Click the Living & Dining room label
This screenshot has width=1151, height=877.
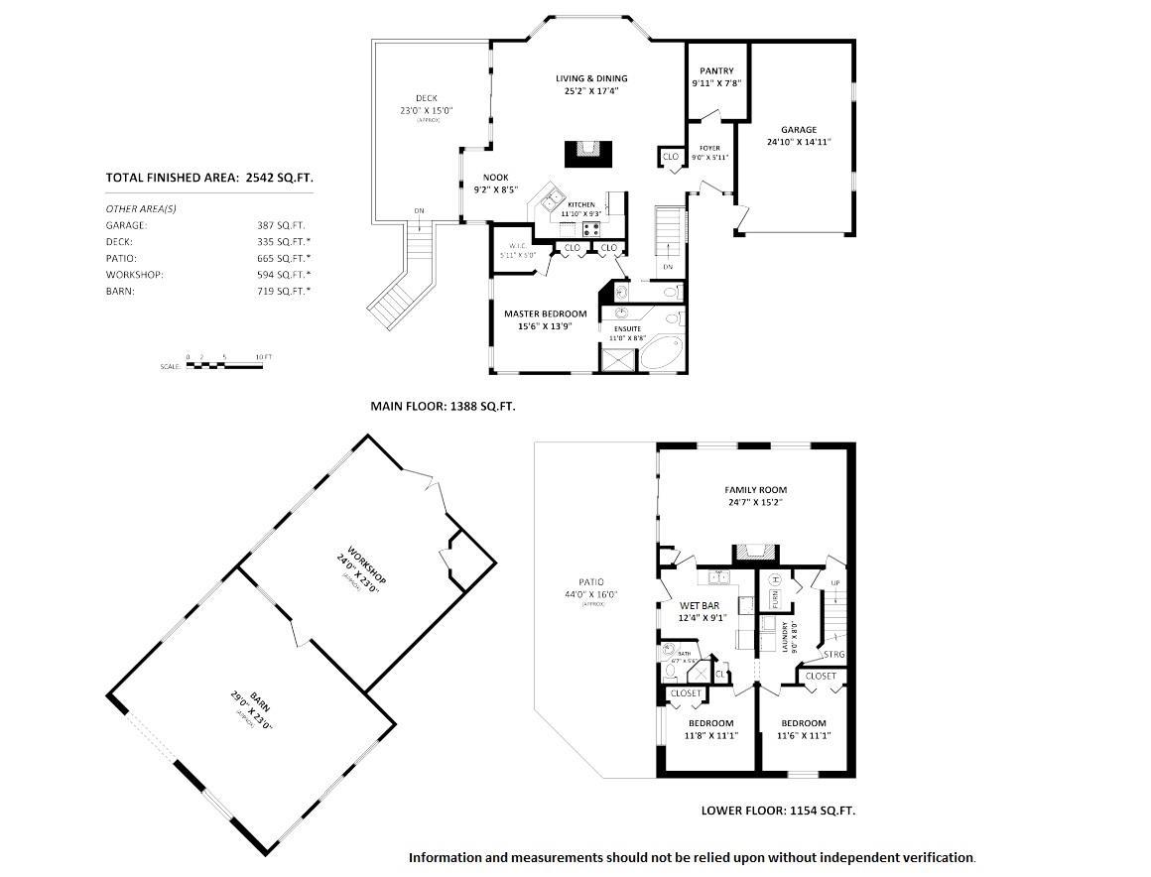tap(590, 78)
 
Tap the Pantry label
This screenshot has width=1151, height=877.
tap(716, 70)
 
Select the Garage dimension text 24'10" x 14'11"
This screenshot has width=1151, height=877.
tap(798, 142)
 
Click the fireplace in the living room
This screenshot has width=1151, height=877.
tap(589, 155)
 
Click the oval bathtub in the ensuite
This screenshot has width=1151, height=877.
tap(659, 352)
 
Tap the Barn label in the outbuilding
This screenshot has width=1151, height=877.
tap(254, 704)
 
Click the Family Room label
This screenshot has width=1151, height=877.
tap(756, 490)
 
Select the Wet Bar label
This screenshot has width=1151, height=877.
tap(699, 605)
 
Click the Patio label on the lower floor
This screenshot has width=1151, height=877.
tap(591, 582)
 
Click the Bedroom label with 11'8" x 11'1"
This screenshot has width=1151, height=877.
tap(708, 723)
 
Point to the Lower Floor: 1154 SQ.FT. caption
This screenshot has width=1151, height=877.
tap(778, 811)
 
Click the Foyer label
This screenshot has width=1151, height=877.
tap(709, 148)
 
